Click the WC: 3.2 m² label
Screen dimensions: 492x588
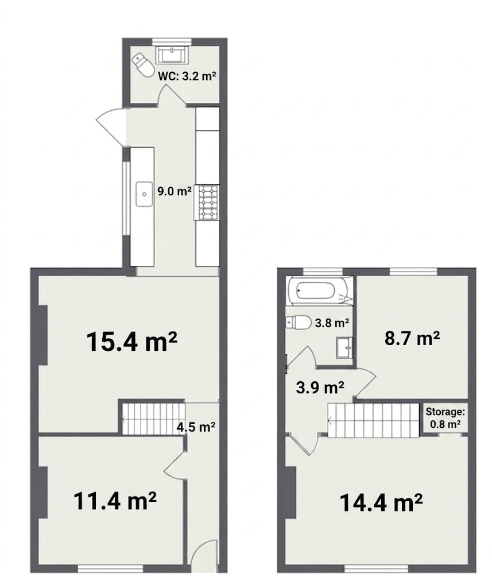pos(187,76)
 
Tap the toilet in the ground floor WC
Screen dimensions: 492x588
pos(142,64)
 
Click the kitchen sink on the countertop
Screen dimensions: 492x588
pos(144,194)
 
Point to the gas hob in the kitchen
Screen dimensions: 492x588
pos(206,203)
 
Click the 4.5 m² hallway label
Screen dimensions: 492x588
pos(196,427)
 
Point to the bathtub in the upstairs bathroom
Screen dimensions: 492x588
pos(320,291)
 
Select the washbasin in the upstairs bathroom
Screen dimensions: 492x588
pos(344,347)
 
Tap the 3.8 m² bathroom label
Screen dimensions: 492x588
pos(332,323)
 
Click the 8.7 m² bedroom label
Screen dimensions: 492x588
pos(412,338)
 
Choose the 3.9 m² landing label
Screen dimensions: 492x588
pos(320,387)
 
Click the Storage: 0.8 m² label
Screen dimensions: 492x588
pos(445,418)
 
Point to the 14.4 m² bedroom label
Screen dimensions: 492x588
pos(381,502)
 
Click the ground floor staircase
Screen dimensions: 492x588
pos(154,419)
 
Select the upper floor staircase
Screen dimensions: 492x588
pos(374,420)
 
